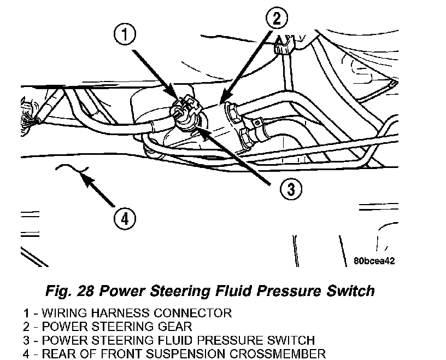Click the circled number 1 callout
point(125,34)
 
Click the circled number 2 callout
point(277,18)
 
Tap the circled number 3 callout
point(291,189)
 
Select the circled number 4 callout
point(125,219)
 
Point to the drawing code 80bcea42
point(374,260)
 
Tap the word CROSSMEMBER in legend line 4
point(277,354)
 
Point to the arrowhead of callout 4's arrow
point(83,174)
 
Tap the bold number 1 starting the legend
point(26,313)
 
